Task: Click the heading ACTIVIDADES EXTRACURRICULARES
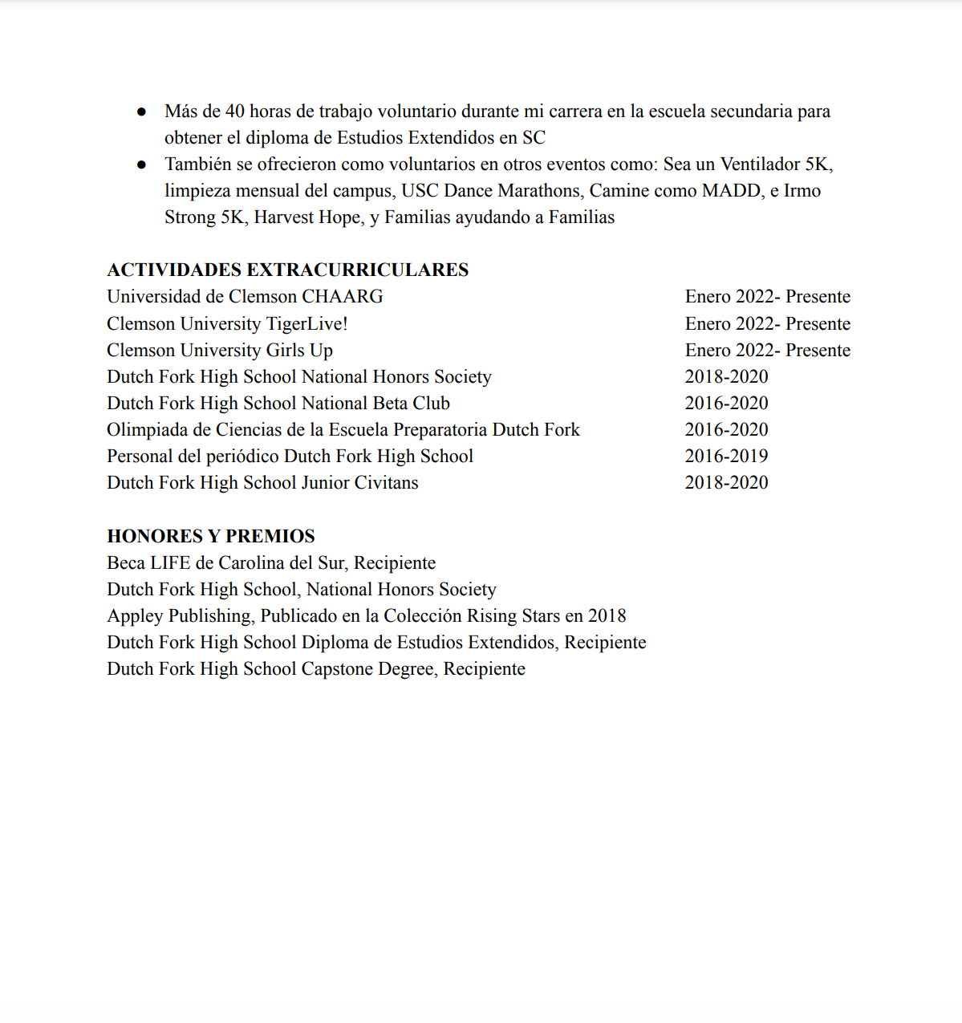click(x=287, y=270)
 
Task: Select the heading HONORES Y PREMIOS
click(x=211, y=536)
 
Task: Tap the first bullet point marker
click(x=142, y=112)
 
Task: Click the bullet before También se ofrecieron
click(x=142, y=164)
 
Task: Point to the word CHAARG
click(x=343, y=297)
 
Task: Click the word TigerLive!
click(x=307, y=323)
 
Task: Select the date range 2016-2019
click(x=726, y=456)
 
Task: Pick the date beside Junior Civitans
click(x=726, y=482)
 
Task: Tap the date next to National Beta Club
click(x=726, y=403)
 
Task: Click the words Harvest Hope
click(x=307, y=217)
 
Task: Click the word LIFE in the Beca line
click(x=170, y=562)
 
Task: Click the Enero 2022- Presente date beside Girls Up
click(x=767, y=350)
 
